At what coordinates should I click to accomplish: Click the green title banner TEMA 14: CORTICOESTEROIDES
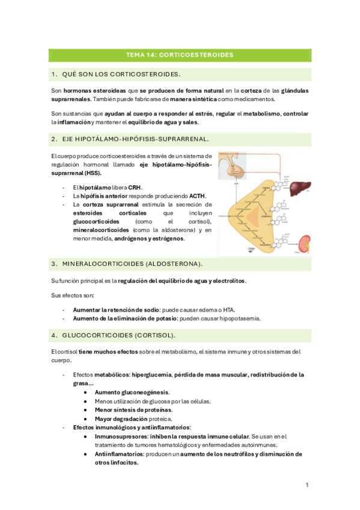tap(180, 55)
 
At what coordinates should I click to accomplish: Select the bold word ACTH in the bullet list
tap(197, 195)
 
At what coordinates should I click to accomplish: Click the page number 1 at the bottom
tap(307, 485)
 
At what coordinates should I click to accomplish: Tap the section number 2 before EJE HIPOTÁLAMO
tap(54, 139)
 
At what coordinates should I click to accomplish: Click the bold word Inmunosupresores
tap(119, 437)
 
